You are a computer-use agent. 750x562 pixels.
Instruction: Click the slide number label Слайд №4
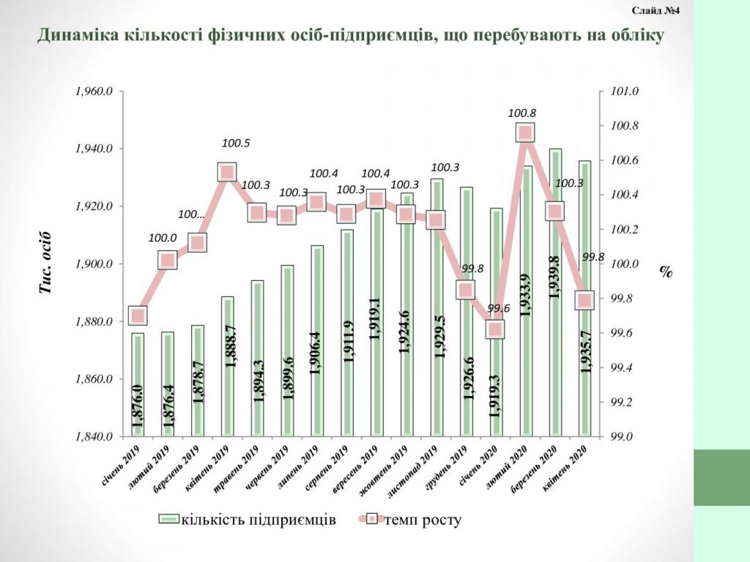[656, 11]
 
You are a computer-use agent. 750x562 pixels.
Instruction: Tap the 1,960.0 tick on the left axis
[93, 91]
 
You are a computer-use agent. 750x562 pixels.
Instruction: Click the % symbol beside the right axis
[665, 271]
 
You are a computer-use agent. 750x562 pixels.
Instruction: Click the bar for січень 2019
[138, 384]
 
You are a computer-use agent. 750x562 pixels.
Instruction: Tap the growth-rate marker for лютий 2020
[524, 132]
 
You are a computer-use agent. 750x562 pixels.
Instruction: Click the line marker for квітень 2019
[226, 173]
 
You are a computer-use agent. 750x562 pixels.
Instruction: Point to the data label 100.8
[521, 113]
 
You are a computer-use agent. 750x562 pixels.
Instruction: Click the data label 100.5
[235, 143]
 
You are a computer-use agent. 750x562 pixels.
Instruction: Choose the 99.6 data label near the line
[495, 308]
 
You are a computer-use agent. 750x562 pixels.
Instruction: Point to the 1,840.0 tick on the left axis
[93, 437]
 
